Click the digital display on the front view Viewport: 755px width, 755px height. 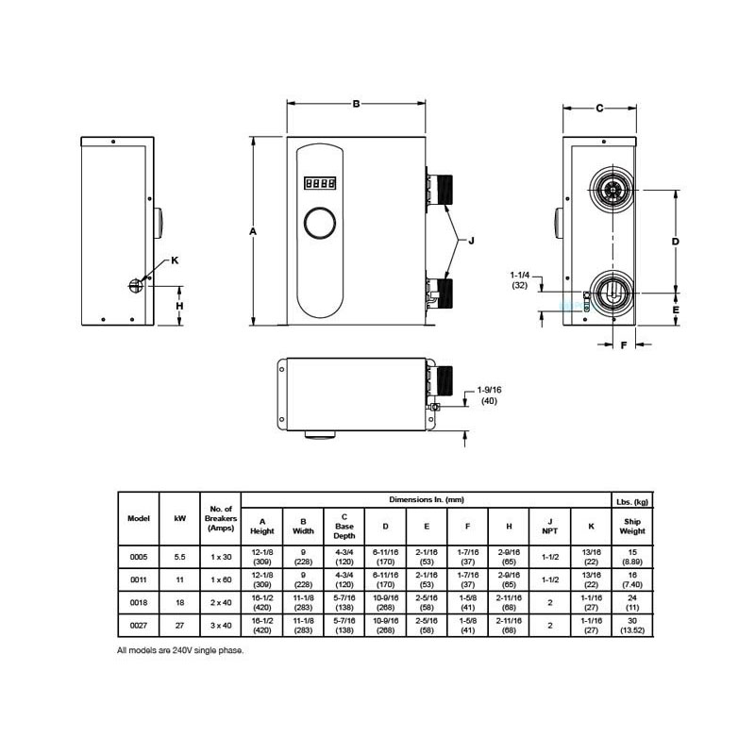[318, 184]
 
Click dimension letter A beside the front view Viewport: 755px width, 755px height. [253, 230]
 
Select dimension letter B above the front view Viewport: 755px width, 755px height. [356, 104]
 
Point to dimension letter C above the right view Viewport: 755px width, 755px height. [599, 108]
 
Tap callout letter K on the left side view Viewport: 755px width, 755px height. [173, 260]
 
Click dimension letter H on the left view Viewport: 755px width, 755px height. [179, 305]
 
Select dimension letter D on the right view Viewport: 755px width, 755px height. [676, 242]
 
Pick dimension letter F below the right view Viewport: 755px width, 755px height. [624, 345]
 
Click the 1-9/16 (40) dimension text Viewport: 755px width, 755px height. [489, 394]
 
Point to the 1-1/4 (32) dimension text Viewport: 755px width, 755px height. [520, 278]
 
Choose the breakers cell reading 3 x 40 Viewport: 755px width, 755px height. [220, 626]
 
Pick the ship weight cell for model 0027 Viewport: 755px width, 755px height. [632, 626]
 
